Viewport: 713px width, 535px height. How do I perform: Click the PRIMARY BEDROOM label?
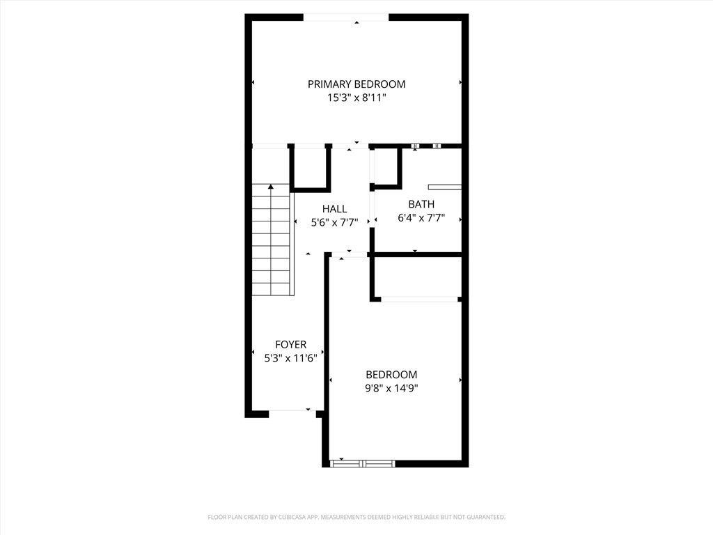point(356,84)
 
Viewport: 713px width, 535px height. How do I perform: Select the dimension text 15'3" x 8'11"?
point(356,99)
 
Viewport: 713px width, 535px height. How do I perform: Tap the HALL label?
point(334,209)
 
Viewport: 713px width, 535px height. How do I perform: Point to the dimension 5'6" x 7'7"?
point(334,223)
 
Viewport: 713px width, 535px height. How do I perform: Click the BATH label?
point(421,204)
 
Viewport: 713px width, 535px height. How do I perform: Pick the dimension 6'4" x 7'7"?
point(421,218)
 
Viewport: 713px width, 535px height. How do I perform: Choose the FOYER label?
point(290,345)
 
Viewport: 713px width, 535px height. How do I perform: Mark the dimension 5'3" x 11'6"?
point(290,359)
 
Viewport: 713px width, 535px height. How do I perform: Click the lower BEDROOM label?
point(391,375)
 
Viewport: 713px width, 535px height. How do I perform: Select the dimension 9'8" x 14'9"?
point(391,389)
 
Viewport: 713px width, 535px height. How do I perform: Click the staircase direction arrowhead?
point(271,187)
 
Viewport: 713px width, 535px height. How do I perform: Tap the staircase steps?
point(271,244)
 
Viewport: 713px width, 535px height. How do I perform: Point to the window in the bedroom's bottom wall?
point(362,463)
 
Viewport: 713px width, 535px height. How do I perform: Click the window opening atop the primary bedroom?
point(345,17)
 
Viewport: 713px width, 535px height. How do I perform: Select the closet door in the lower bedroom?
point(420,300)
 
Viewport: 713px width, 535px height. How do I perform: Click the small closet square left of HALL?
point(309,167)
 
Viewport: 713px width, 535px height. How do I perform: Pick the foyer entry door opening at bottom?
point(290,411)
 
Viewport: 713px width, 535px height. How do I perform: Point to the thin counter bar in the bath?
point(444,187)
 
